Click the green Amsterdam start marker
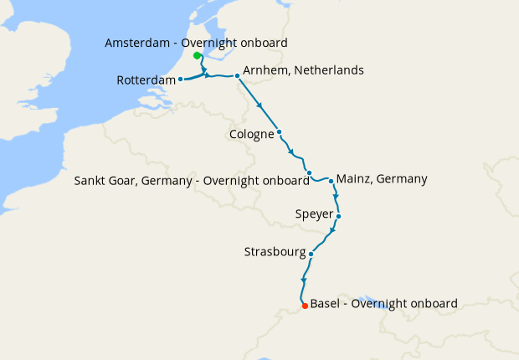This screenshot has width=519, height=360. pos(197,56)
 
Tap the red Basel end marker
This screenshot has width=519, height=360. pos(305,306)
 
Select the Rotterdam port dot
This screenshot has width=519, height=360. pos(181,80)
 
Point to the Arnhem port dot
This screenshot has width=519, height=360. pos(238,76)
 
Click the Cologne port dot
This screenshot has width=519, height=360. pos(279,132)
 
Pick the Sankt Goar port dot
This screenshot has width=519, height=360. pos(310,173)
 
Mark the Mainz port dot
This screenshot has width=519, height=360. pos(331,180)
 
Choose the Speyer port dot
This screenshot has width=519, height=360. pos(338,216)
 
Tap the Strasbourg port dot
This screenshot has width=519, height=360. pos(311,254)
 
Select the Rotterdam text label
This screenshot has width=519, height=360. pos(146,80)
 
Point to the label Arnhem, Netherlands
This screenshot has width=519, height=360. pos(303,70)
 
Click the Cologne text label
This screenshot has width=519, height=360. pos(251,133)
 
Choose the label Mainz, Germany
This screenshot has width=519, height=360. pos(382,178)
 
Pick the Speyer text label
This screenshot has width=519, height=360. pos(314,214)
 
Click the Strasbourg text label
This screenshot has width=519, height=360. pos(275,252)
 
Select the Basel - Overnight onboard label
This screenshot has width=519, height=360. pos(383,303)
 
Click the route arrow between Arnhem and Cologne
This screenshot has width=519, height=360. pos(261,105)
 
